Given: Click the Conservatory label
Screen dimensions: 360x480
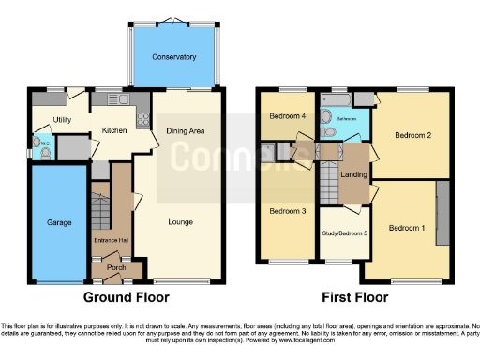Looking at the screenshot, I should point(175,57).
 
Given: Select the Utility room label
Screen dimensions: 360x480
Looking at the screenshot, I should point(62,120).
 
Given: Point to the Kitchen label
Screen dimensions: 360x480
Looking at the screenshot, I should point(113,131).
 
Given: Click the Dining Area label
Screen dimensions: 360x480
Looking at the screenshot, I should point(186,131).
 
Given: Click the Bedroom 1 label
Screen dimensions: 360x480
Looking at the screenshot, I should point(407,228).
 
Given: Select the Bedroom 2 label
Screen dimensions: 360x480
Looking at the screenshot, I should point(412,135).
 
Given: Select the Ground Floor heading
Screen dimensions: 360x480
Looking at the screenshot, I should point(127,297).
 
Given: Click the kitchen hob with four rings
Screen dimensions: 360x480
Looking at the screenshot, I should point(143,118).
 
